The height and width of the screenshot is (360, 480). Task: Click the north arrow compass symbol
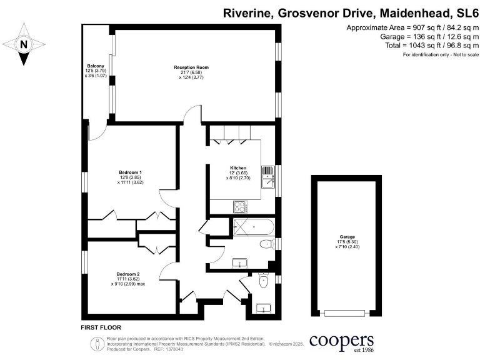[x=24, y=44]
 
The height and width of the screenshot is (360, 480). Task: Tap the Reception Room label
[x=191, y=72]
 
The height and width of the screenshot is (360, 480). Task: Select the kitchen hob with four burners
[x=240, y=206]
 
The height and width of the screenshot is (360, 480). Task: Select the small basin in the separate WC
[x=263, y=308]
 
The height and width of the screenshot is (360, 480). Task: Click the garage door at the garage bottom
[x=347, y=312]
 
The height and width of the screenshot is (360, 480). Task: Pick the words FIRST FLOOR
[x=101, y=327]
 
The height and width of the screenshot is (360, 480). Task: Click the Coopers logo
[x=341, y=341]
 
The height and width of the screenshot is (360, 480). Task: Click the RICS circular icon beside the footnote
[x=97, y=343]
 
